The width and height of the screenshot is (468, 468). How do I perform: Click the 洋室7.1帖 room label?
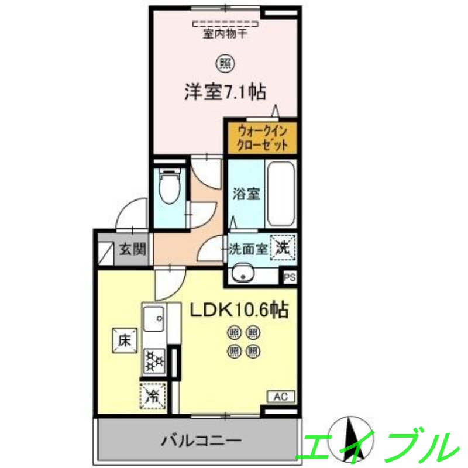point(225,92)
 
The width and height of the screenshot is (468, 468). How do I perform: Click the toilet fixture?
point(169,185)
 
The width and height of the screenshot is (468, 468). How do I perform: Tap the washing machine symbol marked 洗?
point(284,247)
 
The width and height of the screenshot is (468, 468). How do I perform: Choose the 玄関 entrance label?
point(133,249)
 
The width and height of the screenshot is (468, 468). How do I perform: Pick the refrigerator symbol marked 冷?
point(154,395)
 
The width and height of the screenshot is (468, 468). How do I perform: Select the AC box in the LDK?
point(281,397)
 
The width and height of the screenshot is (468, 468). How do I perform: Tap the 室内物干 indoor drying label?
point(225,34)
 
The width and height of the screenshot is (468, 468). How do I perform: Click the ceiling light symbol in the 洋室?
point(225,61)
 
